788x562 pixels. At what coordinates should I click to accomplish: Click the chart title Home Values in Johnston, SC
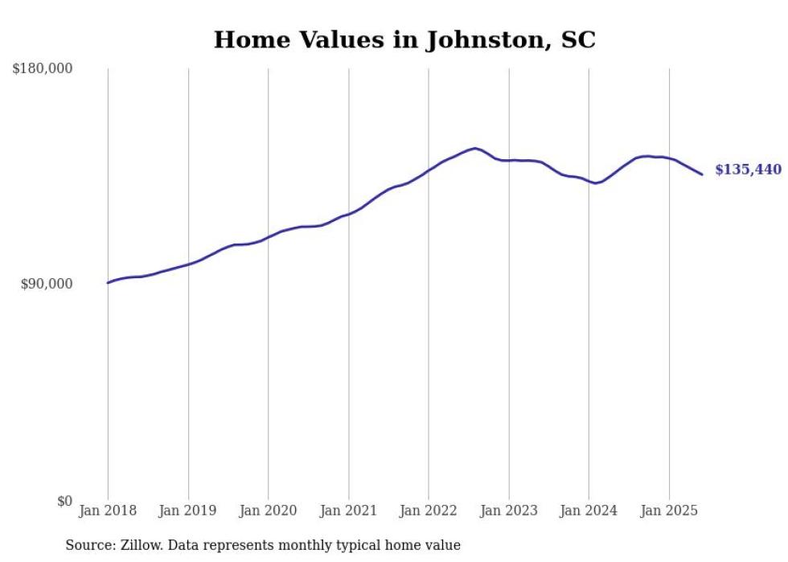404,40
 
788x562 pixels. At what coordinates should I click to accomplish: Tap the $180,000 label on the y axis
43,69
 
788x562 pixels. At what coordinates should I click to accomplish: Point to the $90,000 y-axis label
47,284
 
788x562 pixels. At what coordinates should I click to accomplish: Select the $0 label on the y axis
64,501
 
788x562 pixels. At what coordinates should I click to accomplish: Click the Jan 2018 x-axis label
108,511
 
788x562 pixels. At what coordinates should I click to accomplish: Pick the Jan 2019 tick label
188,511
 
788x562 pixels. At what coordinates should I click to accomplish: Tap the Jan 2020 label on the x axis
269,511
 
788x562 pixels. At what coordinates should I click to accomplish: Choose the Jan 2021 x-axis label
348,511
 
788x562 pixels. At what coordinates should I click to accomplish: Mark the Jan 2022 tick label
429,511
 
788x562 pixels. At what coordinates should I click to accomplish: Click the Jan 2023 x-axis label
509,511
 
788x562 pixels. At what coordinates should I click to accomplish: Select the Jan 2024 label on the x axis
589,511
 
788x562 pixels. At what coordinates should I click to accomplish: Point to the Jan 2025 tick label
669,511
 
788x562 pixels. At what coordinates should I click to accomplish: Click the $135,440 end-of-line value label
748,170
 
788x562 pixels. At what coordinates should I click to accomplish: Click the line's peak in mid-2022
475,148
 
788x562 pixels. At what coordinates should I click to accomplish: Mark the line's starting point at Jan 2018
108,282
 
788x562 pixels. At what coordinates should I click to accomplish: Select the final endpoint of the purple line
702,174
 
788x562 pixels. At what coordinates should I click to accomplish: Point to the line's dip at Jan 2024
595,183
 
